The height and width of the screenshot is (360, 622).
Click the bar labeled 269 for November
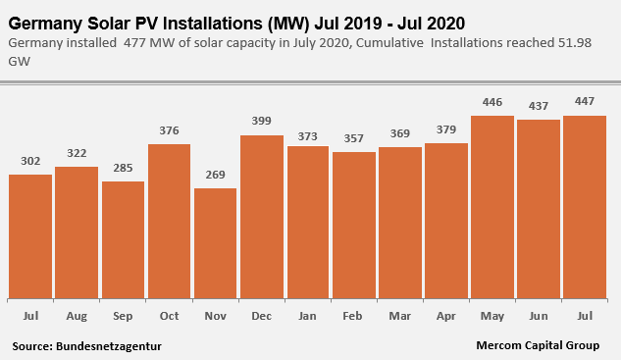click(x=216, y=243)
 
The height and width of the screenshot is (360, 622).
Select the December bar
click(x=262, y=217)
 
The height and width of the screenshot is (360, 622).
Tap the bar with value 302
click(x=30, y=236)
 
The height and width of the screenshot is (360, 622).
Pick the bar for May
click(x=492, y=207)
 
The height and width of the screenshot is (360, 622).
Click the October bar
click(x=169, y=222)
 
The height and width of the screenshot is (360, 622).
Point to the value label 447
click(x=585, y=101)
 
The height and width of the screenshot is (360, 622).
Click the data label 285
click(x=123, y=168)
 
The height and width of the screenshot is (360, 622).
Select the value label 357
click(x=353, y=138)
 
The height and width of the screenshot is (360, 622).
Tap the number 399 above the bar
click(x=261, y=121)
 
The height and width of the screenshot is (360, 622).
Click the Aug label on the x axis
click(x=77, y=317)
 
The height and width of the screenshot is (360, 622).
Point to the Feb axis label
click(x=352, y=316)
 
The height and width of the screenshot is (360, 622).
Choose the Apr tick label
click(x=445, y=317)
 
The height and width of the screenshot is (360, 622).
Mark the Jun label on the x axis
click(x=539, y=316)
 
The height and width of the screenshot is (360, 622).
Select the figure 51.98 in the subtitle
click(x=575, y=43)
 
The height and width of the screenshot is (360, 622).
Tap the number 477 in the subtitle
click(x=134, y=43)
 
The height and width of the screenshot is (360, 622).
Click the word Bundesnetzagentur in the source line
click(x=109, y=346)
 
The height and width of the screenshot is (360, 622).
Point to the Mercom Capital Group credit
click(x=538, y=345)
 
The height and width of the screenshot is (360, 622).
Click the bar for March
click(x=400, y=223)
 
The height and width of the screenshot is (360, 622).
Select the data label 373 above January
click(x=308, y=136)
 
